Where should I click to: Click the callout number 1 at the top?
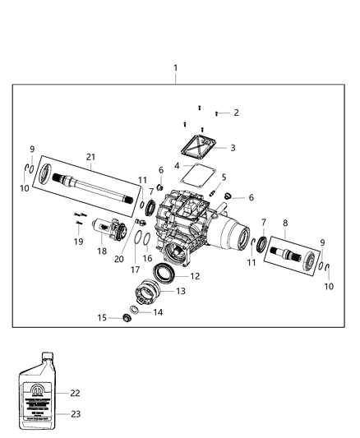click(174, 67)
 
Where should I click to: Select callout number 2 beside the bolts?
click(235, 113)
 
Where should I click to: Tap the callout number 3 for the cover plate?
click(233, 148)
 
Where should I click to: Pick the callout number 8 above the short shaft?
click(284, 223)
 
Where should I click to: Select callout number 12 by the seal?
click(195, 277)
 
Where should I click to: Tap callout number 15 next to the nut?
click(103, 317)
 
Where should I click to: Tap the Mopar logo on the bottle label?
click(39, 383)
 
